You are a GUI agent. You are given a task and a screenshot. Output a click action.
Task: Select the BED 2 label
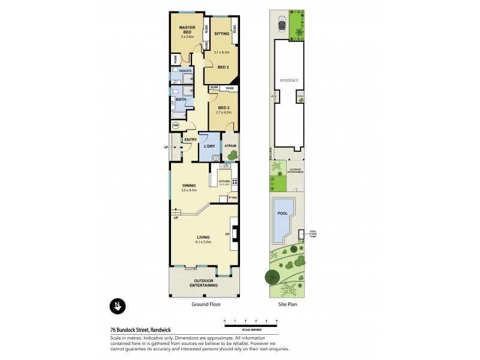point(223,67)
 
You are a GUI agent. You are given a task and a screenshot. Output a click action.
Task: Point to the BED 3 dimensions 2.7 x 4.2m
point(223,113)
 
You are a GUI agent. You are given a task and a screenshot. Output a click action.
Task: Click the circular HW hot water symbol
point(176,126)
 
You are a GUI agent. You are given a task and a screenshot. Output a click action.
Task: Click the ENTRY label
point(191,140)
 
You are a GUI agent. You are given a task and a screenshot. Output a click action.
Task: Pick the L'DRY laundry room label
point(209,146)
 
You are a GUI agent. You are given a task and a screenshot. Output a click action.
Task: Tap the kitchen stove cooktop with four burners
point(235,182)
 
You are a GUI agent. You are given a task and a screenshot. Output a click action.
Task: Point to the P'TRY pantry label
point(232,197)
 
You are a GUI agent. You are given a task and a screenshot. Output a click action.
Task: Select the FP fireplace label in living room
point(227,233)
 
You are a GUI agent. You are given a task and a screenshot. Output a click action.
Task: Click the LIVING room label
point(203,237)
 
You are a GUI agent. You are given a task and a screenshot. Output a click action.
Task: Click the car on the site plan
point(281,25)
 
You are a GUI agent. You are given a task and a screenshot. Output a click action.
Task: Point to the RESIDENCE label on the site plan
point(289,80)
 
